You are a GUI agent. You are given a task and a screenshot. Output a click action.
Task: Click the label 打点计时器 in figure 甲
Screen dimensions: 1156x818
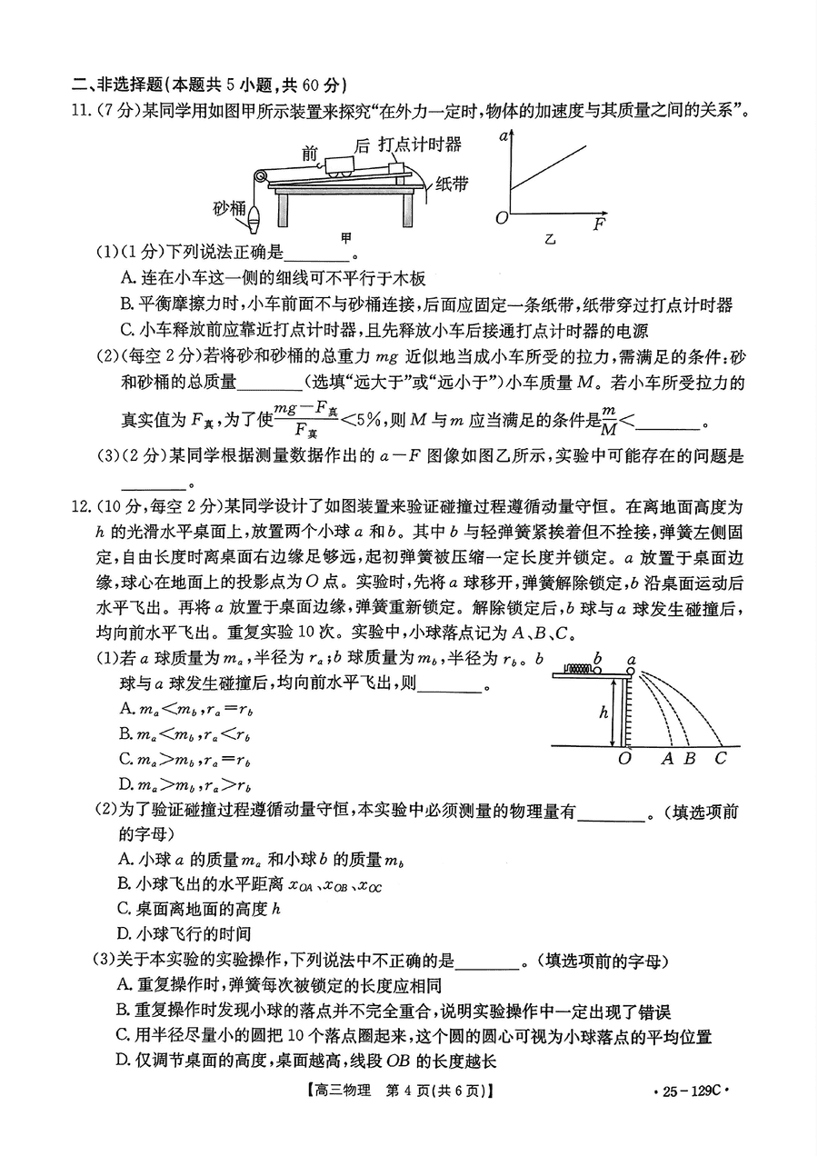tap(420, 144)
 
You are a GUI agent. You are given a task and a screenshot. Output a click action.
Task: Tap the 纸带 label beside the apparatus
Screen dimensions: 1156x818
tap(452, 184)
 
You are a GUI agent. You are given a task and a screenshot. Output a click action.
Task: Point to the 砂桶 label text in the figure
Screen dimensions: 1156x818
tap(230, 207)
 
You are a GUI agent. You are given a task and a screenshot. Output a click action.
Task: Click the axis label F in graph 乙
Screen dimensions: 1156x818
tap(599, 224)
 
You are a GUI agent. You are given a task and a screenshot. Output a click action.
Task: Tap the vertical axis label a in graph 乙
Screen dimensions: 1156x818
tap(503, 137)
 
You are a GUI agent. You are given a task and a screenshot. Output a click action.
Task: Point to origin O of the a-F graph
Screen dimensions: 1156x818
tap(501, 218)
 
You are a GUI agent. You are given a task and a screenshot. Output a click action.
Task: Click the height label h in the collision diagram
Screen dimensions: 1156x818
tap(603, 713)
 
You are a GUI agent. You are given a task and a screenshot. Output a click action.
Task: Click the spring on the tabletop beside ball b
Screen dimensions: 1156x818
tap(576, 669)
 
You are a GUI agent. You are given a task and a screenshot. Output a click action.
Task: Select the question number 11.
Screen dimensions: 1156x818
tap(82, 111)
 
